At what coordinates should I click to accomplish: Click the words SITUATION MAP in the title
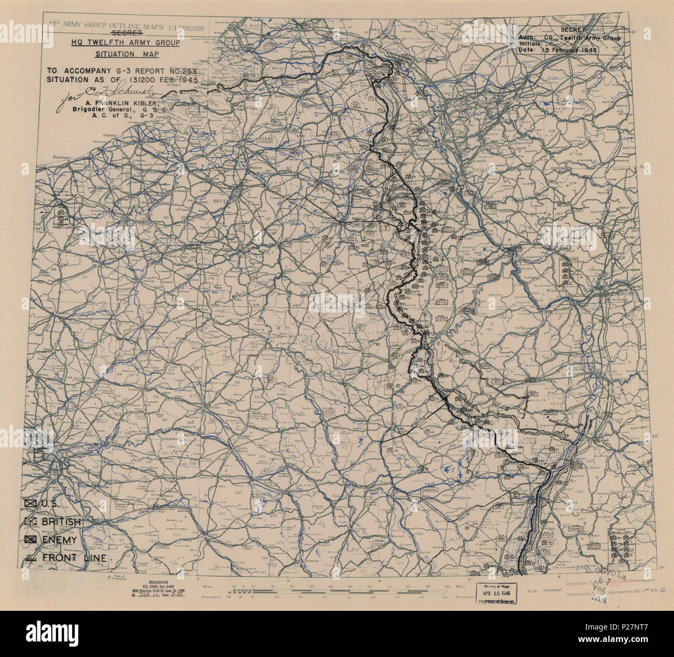point(127,54)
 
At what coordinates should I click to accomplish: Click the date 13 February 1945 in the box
point(569,50)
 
